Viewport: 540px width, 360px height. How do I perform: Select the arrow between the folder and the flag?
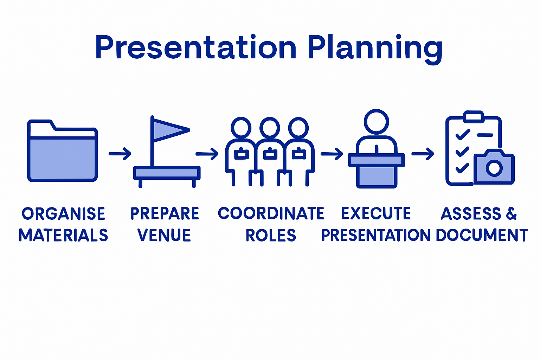(120, 154)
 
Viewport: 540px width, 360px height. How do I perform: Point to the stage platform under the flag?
(167, 173)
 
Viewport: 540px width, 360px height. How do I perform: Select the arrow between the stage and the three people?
(207, 154)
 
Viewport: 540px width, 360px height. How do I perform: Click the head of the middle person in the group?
(270, 127)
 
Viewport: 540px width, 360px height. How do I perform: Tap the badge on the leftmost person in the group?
(241, 154)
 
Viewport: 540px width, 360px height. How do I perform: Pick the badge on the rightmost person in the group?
(298, 154)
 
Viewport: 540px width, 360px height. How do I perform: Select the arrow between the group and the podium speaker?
(332, 154)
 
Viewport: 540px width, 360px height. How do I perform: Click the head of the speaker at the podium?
(376, 122)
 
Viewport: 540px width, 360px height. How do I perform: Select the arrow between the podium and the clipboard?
(423, 154)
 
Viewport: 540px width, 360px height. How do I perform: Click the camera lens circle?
(494, 168)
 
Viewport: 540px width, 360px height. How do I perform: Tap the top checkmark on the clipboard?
(463, 135)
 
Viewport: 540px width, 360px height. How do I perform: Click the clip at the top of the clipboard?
(473, 116)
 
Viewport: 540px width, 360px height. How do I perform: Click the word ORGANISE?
(64, 214)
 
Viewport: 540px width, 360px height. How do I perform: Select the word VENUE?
(164, 235)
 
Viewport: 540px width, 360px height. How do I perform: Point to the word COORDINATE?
(271, 213)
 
